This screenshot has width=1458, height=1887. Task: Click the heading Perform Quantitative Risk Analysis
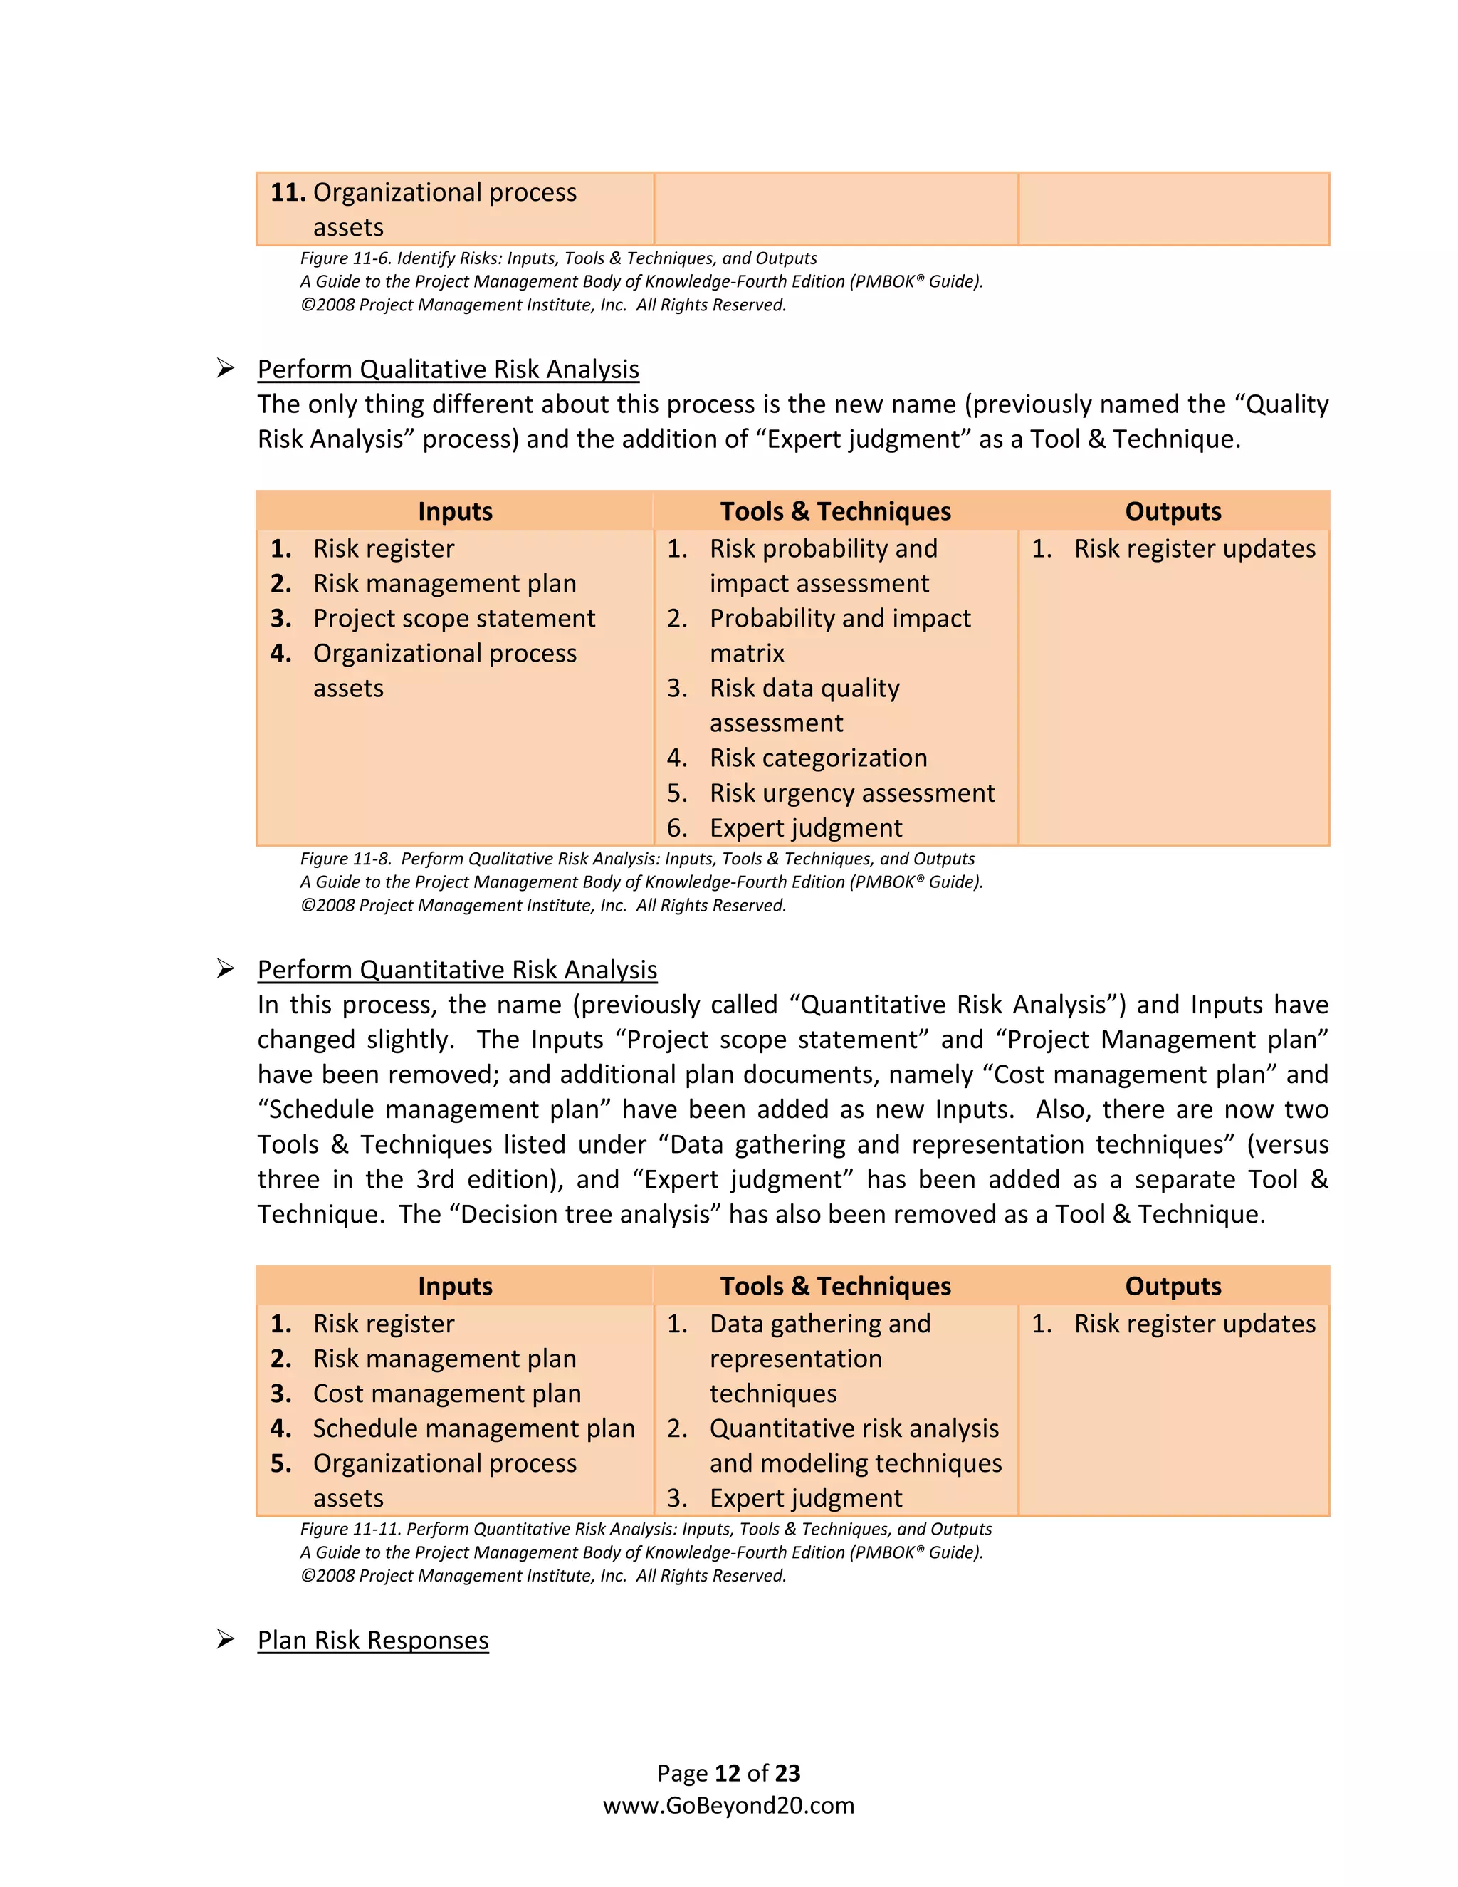[x=457, y=971]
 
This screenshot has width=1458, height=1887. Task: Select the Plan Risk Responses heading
[x=372, y=1640]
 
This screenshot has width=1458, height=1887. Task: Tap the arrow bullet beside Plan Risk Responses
[x=226, y=1639]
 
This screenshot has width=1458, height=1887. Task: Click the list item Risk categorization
[x=818, y=758]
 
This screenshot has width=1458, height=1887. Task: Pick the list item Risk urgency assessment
[x=851, y=793]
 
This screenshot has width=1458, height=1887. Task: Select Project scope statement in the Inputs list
[x=453, y=619]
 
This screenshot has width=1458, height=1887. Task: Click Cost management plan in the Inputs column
[x=446, y=1394]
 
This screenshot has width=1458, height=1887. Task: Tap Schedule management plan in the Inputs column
[x=473, y=1428]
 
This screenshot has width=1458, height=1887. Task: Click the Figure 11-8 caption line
[x=637, y=859]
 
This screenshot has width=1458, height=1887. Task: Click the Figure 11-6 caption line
[x=558, y=258]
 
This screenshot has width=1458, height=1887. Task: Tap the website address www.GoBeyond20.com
[x=728, y=1806]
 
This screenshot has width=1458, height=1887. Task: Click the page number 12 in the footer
[x=728, y=1774]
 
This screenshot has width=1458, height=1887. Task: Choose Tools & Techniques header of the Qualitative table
[x=835, y=511]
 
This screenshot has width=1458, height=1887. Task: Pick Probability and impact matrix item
[x=839, y=635]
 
